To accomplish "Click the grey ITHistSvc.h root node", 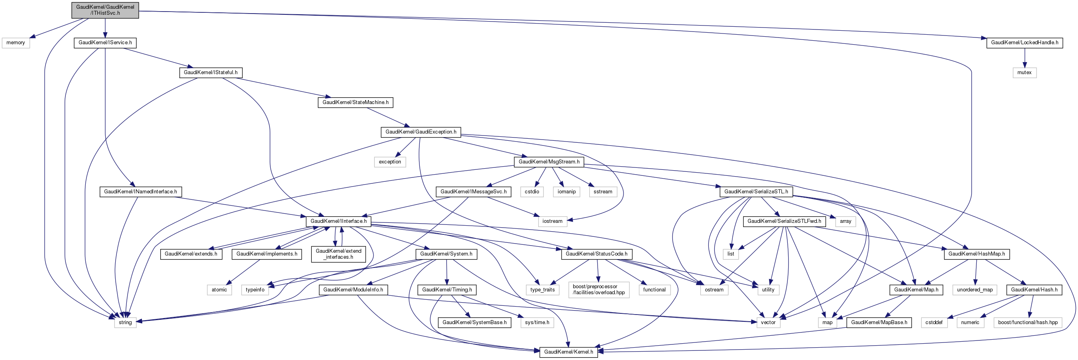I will pyautogui.click(x=105, y=10).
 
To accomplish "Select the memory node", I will pyautogui.click(x=16, y=43).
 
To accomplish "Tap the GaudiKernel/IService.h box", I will pyautogui.click(x=105, y=43).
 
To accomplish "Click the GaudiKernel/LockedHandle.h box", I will pyautogui.click(x=1025, y=43).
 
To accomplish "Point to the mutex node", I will pyautogui.click(x=1025, y=73).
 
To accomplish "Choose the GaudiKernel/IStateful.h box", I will pyautogui.click(x=210, y=73).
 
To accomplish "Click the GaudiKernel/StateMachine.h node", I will pyautogui.click(x=355, y=102).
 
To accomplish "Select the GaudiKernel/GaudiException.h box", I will pyautogui.click(x=421, y=132).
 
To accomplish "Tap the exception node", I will pyautogui.click(x=389, y=161).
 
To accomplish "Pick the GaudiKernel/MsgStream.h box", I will pyautogui.click(x=549, y=161).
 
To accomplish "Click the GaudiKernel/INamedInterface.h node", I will pyautogui.click(x=140, y=192).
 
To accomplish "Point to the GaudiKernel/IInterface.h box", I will pyautogui.click(x=338, y=221).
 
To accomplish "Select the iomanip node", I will pyautogui.click(x=567, y=192).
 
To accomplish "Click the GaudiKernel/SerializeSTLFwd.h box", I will pyautogui.click(x=784, y=221).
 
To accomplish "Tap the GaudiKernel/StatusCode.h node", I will pyautogui.click(x=596, y=254).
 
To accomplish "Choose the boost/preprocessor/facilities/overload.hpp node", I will pyautogui.click(x=598, y=290).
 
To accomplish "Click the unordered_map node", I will pyautogui.click(x=975, y=290).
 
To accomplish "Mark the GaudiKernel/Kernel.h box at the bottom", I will pyautogui.click(x=568, y=352).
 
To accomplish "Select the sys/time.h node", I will pyautogui.click(x=537, y=322).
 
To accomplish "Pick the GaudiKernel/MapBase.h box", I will pyautogui.click(x=879, y=322).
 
